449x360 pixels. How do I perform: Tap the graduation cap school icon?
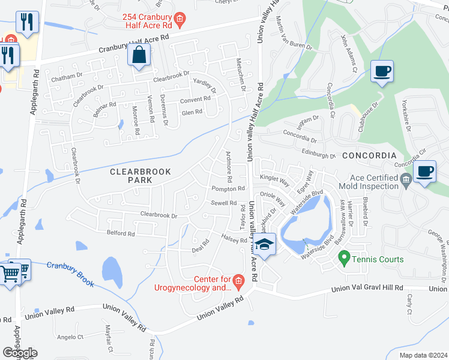pyautogui.click(x=264, y=244)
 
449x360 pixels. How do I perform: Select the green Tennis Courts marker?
pyautogui.click(x=344, y=259)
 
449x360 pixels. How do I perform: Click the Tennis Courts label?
pyautogui.click(x=378, y=259)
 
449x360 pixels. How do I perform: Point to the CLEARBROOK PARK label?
pyautogui.click(x=140, y=176)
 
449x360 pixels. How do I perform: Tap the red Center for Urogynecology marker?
pyautogui.click(x=238, y=280)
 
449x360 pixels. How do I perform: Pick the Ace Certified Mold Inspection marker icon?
pyautogui.click(x=406, y=178)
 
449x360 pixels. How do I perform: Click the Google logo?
pyautogui.click(x=19, y=353)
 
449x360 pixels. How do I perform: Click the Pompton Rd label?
pyautogui.click(x=228, y=188)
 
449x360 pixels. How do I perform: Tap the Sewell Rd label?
pyautogui.click(x=223, y=203)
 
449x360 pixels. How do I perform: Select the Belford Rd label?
pyautogui.click(x=121, y=233)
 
